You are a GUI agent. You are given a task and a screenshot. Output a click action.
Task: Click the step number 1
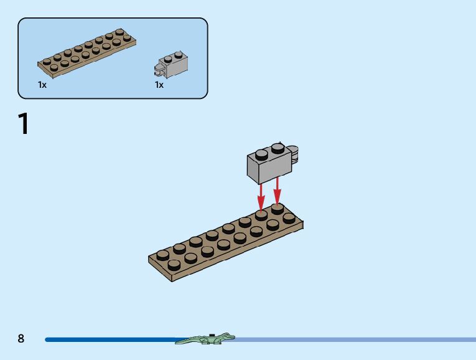[24, 124]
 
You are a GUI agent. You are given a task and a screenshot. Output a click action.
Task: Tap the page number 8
[21, 338]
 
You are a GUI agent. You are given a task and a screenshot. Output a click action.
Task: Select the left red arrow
[262, 193]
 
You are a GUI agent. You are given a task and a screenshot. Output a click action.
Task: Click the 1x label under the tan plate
[42, 85]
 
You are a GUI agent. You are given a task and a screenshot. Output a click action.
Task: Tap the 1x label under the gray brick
[159, 85]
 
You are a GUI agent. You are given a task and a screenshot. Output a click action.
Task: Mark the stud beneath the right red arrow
[278, 208]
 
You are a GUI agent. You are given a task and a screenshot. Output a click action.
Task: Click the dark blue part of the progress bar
[112, 339]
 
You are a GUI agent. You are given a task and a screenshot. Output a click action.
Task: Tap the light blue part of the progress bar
[355, 339]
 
